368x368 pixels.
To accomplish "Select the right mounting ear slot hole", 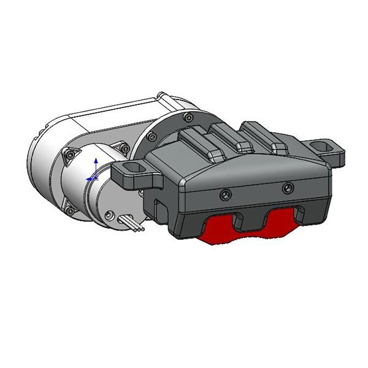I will coord(321,147).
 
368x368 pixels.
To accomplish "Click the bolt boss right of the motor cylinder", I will coord(125,147).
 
